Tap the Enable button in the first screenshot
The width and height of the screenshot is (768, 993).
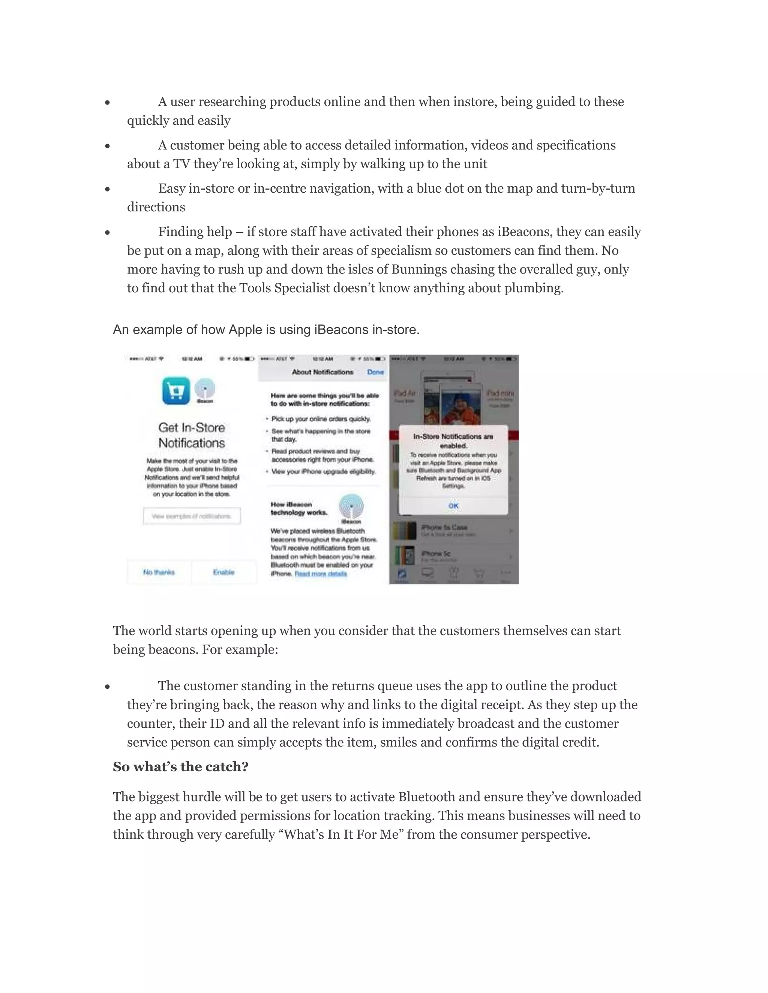coord(224,572)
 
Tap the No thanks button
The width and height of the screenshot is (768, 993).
coord(159,572)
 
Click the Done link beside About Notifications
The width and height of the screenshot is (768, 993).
coord(375,372)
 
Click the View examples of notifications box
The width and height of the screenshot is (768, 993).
coord(192,516)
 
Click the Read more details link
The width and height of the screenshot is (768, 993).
coord(321,574)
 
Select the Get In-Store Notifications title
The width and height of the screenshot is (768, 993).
coord(192,435)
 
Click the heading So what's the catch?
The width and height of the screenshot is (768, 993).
coord(181,767)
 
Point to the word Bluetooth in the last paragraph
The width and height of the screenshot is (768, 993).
coord(426,797)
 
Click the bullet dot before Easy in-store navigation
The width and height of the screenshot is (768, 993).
coord(107,189)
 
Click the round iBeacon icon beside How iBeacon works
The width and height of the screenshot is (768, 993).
coord(351,506)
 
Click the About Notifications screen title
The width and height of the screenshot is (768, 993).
coord(322,372)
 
